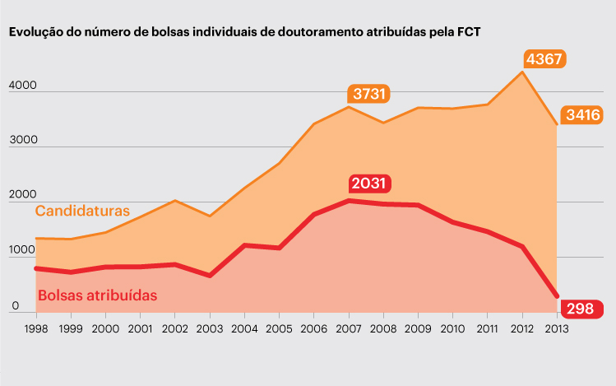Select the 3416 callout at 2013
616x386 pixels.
coord(582,115)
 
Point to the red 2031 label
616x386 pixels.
coord(369,184)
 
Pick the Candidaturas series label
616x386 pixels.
coord(82,211)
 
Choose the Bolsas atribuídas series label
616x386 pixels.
coord(98,294)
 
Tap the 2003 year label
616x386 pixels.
coord(209,328)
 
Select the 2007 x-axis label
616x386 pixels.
coord(349,328)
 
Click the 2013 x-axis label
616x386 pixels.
coord(556,328)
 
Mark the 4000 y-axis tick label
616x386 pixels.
coord(23,85)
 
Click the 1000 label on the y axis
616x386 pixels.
coord(22,251)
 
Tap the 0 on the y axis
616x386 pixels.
coord(14,306)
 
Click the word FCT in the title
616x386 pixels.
coord(468,33)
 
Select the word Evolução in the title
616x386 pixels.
coord(35,33)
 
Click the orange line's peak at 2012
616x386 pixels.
coord(521,72)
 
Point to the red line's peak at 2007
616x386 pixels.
coord(349,200)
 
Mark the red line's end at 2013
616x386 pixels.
coord(557,296)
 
